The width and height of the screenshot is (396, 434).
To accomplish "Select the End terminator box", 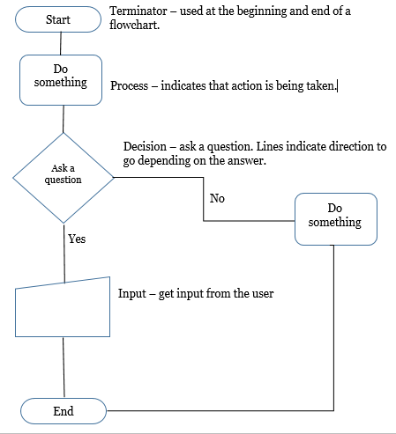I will click(x=63, y=411).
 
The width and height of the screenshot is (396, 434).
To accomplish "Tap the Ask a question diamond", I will click(x=63, y=174).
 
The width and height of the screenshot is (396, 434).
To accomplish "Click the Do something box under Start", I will click(x=60, y=77).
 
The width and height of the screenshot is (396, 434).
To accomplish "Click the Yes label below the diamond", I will click(x=77, y=238).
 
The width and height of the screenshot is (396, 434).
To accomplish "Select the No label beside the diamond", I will click(x=217, y=198).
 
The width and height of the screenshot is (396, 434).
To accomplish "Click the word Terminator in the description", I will click(x=138, y=11).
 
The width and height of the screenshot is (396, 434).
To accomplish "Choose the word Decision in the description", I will click(x=146, y=146).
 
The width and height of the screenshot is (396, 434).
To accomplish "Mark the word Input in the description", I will click(x=132, y=293).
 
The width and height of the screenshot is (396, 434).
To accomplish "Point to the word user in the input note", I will click(x=261, y=293).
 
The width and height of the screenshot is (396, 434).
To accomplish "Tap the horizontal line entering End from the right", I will click(x=220, y=411).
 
